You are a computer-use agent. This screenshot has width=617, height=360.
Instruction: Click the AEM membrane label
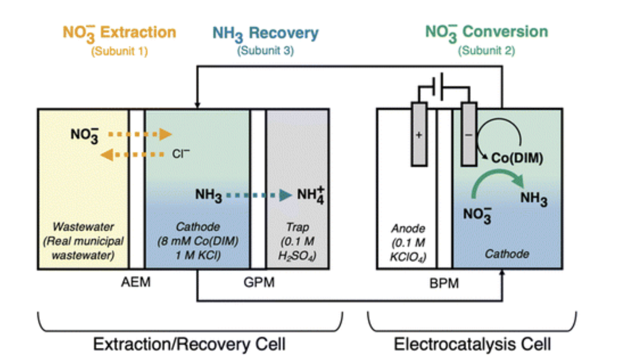(x=136, y=282)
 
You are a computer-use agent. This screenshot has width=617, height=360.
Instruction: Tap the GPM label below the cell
(x=259, y=282)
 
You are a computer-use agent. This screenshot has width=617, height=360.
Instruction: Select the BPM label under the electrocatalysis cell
(x=444, y=283)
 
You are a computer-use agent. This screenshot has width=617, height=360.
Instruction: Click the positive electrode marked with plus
(x=419, y=134)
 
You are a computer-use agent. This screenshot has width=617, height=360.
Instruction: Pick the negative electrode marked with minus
(x=469, y=134)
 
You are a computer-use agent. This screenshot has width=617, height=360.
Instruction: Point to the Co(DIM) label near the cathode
(x=517, y=158)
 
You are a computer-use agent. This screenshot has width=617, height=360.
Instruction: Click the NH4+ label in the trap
(x=311, y=195)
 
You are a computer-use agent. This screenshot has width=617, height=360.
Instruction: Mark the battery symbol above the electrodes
(x=440, y=87)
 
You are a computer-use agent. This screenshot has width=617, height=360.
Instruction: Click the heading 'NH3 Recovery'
(x=265, y=33)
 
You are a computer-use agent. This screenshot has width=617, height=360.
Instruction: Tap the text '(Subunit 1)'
(x=119, y=51)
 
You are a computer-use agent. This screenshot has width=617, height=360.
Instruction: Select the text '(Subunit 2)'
(x=486, y=51)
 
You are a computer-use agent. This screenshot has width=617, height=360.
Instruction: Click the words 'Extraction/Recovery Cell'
(x=189, y=344)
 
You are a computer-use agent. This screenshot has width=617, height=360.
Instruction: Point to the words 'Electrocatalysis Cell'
(x=472, y=344)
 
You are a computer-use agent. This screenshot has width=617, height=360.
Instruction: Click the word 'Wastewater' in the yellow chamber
(x=83, y=227)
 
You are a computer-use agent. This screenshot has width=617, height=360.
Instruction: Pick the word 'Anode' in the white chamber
(x=408, y=228)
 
